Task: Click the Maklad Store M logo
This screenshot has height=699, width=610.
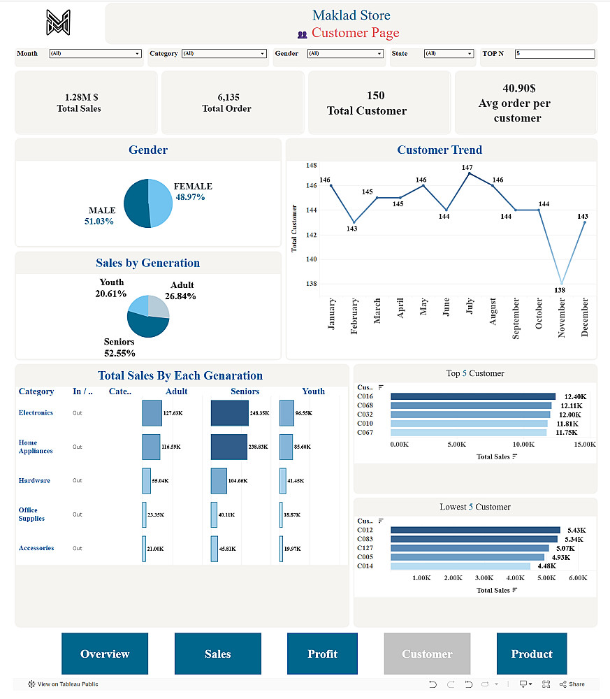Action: tap(59, 22)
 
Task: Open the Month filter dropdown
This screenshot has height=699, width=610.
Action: tap(95, 54)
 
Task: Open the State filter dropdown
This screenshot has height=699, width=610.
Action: tap(449, 54)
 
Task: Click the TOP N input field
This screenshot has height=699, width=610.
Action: tap(555, 54)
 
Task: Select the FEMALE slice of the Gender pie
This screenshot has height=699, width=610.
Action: tap(161, 203)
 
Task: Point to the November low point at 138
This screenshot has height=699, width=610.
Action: tap(560, 283)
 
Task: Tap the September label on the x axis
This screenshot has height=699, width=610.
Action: tap(516, 319)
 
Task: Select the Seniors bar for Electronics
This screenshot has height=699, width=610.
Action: tap(229, 413)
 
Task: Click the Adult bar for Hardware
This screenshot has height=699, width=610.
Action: tap(146, 481)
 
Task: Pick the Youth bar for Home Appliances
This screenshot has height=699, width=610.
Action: tap(286, 447)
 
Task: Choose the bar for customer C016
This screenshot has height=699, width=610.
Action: tap(472, 396)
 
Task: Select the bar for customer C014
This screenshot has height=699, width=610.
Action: tap(460, 566)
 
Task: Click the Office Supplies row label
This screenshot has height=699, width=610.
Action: tap(31, 514)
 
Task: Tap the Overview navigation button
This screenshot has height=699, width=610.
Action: tap(105, 654)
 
